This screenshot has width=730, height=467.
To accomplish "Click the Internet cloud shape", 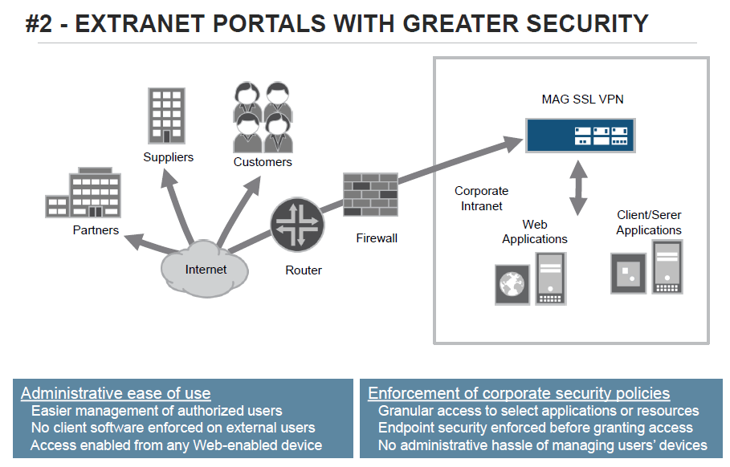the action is tap(204, 269).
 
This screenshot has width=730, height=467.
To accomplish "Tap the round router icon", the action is tap(297, 225).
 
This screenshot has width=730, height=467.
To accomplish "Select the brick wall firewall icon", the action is tap(370, 194).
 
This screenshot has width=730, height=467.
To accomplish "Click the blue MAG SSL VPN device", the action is tap(580, 136).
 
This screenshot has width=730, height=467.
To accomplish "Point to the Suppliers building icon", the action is tap(167, 116).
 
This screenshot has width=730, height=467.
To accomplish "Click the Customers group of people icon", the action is tap(263, 117).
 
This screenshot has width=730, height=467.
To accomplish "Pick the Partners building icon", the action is tap(84, 193).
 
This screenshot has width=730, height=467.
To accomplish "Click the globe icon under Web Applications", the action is tap(512, 284).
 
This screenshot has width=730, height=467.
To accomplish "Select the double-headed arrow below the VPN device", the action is tap(578, 188).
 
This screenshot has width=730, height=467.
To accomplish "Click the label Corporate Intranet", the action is tap(481, 199).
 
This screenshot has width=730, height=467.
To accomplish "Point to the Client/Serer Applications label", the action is tap(649, 222).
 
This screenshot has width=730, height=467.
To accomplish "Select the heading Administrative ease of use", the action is tap(116, 393).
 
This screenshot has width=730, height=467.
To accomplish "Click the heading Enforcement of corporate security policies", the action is tap(519, 393).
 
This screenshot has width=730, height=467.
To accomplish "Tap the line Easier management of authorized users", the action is tap(157, 411).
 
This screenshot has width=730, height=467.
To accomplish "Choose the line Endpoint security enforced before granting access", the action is tap(536, 428).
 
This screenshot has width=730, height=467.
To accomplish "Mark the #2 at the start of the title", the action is tap(39, 24).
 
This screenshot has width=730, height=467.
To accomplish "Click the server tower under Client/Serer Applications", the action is tap(667, 267).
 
